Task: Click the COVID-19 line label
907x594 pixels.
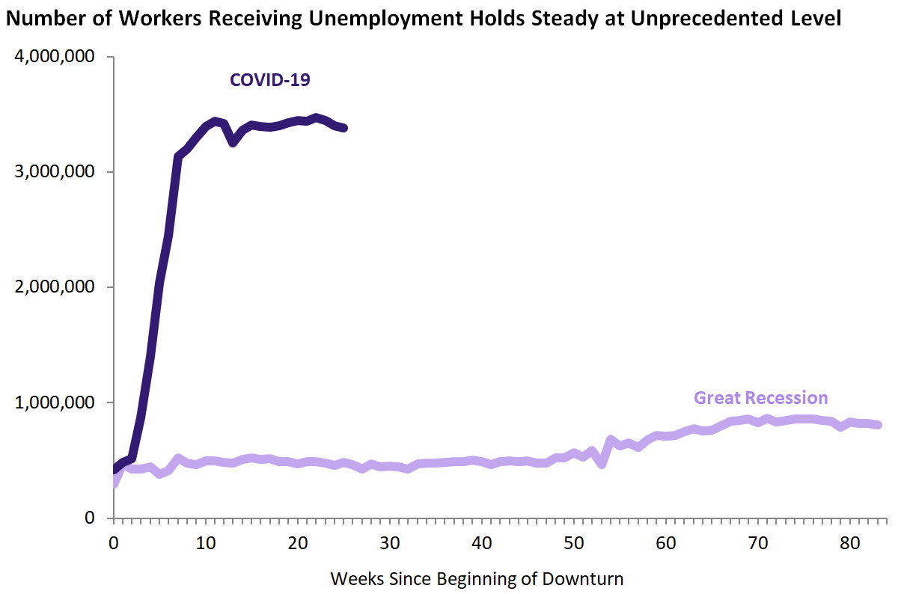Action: tap(269, 80)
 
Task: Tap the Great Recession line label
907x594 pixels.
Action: tap(760, 397)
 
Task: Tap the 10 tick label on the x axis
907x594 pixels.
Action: tap(206, 542)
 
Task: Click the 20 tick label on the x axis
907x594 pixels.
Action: tap(298, 542)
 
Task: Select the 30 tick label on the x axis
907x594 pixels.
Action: tap(390, 542)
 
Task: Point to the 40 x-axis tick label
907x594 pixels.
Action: tap(482, 542)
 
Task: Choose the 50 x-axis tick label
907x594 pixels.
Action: tap(574, 542)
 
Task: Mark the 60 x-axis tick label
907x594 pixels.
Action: tap(666, 542)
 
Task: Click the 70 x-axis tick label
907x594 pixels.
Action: tap(758, 542)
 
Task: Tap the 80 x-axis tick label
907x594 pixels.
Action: tap(850, 542)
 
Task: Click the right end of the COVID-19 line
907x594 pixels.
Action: tap(343, 128)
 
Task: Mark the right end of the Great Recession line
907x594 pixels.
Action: tap(878, 425)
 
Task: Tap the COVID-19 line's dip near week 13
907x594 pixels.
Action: tap(233, 142)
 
